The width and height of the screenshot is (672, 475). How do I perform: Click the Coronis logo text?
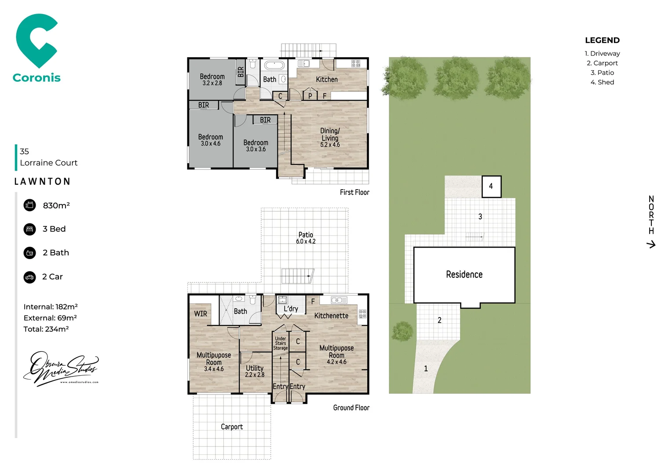(x=37, y=78)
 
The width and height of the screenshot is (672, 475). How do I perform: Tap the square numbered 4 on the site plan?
(x=491, y=186)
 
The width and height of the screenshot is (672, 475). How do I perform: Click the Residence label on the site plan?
(x=464, y=274)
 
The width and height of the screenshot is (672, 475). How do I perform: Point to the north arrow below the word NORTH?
(x=651, y=244)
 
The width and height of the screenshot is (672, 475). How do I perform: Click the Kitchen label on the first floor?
(x=327, y=80)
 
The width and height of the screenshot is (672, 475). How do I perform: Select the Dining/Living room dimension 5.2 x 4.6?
(x=330, y=145)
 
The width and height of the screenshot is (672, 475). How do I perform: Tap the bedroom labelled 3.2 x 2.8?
(x=212, y=80)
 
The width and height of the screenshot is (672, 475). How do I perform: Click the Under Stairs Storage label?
(x=281, y=343)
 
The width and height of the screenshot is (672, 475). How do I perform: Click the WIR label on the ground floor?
(x=201, y=314)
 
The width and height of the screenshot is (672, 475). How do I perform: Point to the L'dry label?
(x=291, y=309)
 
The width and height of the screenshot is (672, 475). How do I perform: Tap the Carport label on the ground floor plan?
(x=232, y=427)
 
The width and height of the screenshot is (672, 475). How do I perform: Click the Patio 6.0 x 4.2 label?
(x=306, y=238)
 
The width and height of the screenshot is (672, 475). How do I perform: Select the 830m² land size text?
(x=56, y=205)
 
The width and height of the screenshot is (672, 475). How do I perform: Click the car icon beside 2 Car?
(x=29, y=277)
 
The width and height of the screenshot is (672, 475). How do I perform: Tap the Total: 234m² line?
(x=46, y=329)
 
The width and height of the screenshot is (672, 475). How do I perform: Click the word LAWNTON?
(x=42, y=182)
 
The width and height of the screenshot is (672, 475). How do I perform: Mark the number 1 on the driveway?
(x=426, y=369)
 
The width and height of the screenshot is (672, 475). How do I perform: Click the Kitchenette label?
(x=331, y=316)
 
